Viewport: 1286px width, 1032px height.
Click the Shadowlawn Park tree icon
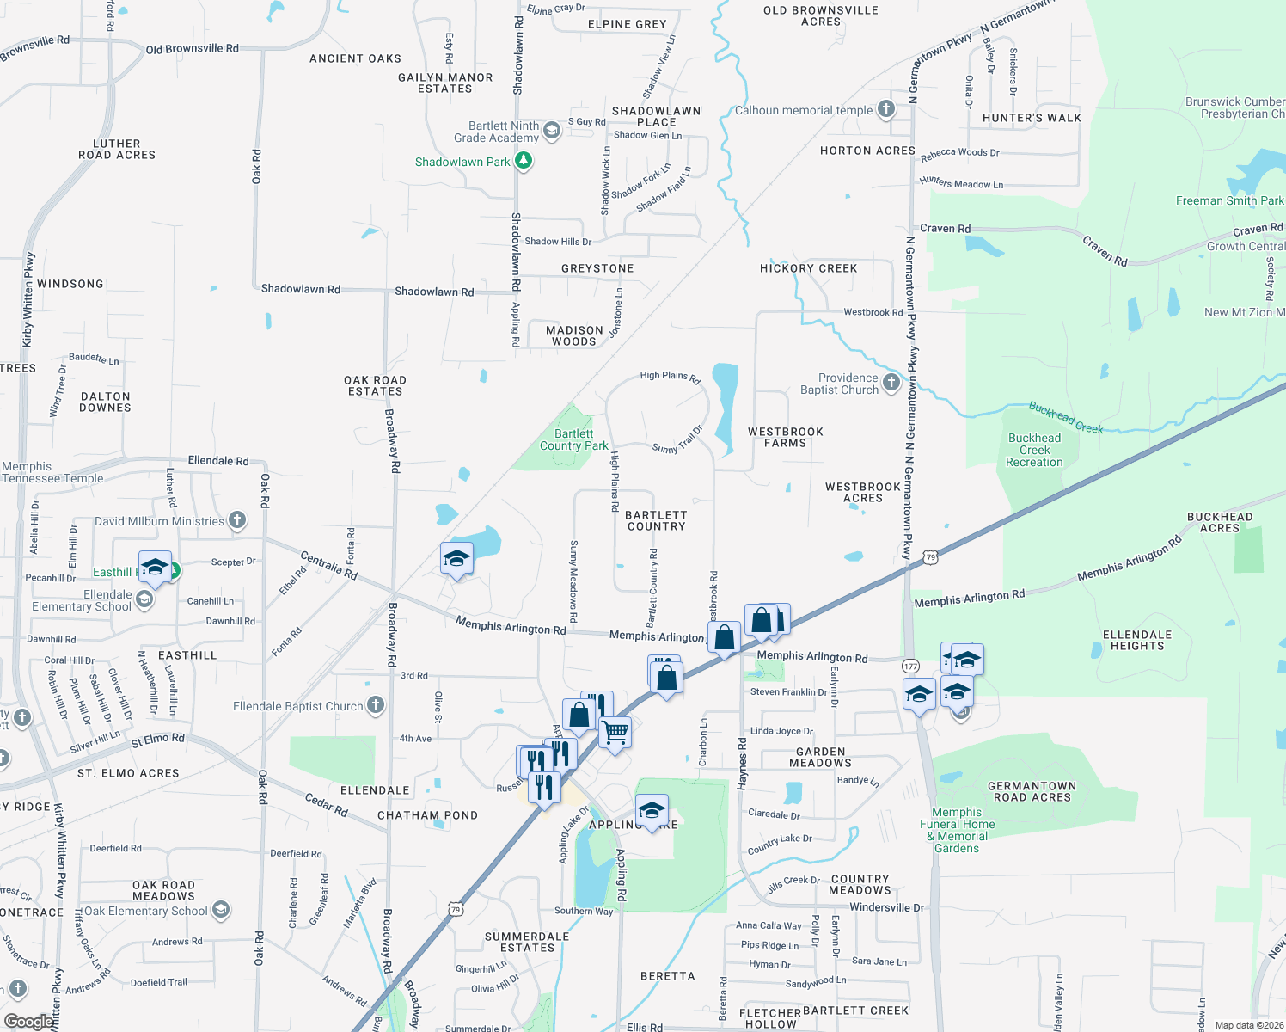click(x=523, y=161)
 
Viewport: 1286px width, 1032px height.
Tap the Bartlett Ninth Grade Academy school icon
click(x=552, y=131)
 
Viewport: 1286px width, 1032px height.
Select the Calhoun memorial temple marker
click(x=886, y=109)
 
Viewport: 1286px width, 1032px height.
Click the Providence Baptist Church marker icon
click(x=891, y=383)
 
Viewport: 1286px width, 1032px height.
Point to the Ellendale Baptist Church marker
click(x=376, y=705)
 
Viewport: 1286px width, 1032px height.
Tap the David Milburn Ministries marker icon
click(x=237, y=520)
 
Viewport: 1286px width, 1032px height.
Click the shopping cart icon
click(x=615, y=734)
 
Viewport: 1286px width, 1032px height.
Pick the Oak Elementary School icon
click(x=221, y=910)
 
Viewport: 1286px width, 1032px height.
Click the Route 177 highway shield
click(x=911, y=666)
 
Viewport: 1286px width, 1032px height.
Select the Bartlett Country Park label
click(x=573, y=439)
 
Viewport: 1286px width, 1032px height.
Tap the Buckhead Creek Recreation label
click(x=1034, y=450)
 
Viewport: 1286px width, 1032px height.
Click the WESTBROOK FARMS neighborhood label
click(x=785, y=437)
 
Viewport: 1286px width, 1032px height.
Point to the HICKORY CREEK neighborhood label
click(x=808, y=268)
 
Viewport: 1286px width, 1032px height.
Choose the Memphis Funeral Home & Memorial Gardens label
click(x=957, y=830)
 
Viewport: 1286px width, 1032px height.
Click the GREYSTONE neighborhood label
click(x=597, y=268)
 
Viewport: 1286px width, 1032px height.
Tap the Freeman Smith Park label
click(x=1229, y=200)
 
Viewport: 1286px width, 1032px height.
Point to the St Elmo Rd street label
click(x=157, y=739)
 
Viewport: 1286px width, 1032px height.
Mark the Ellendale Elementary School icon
click(x=144, y=599)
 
